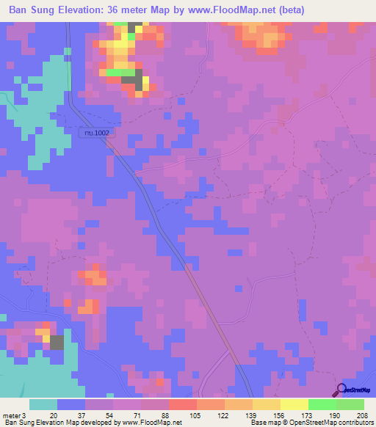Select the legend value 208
point(358,415)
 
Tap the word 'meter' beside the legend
point(10,415)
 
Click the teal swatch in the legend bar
point(43,404)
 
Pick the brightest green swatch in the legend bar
point(322,404)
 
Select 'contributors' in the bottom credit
point(352,423)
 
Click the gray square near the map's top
point(137,80)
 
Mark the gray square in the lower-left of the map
point(57,343)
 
